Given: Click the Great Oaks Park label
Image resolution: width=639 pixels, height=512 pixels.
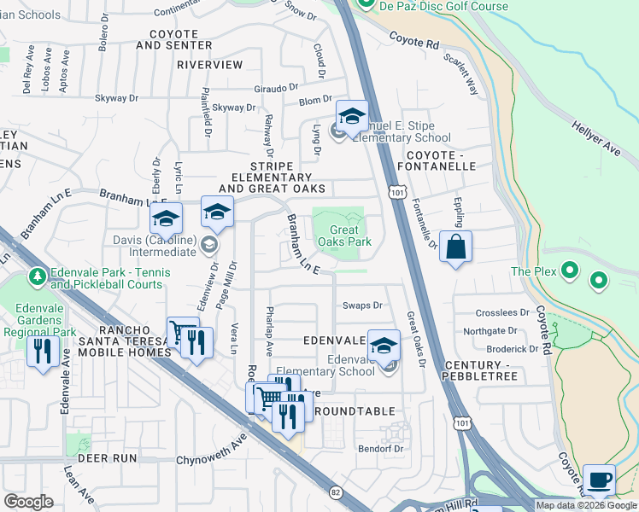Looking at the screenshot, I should point(345,236).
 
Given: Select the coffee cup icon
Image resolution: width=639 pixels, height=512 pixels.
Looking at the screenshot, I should point(599,480).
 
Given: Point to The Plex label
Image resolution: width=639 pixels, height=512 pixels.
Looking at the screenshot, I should point(534,271).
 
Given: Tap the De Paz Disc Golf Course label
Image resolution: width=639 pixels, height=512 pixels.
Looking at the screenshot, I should point(444,7).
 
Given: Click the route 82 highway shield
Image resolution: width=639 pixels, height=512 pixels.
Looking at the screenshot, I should point(336,492).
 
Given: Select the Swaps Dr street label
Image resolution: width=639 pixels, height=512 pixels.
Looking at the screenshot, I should point(361,305).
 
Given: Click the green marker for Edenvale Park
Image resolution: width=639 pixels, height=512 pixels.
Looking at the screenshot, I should point(37,276).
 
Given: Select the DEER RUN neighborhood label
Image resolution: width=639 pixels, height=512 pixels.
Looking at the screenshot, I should point(107,458).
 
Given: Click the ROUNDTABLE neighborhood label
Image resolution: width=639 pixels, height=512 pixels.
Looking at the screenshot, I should point(349,412).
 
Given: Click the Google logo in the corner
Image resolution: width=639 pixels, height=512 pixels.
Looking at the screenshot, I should point(28,502).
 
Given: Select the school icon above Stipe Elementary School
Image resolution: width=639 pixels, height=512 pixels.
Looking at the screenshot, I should point(351,115).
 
